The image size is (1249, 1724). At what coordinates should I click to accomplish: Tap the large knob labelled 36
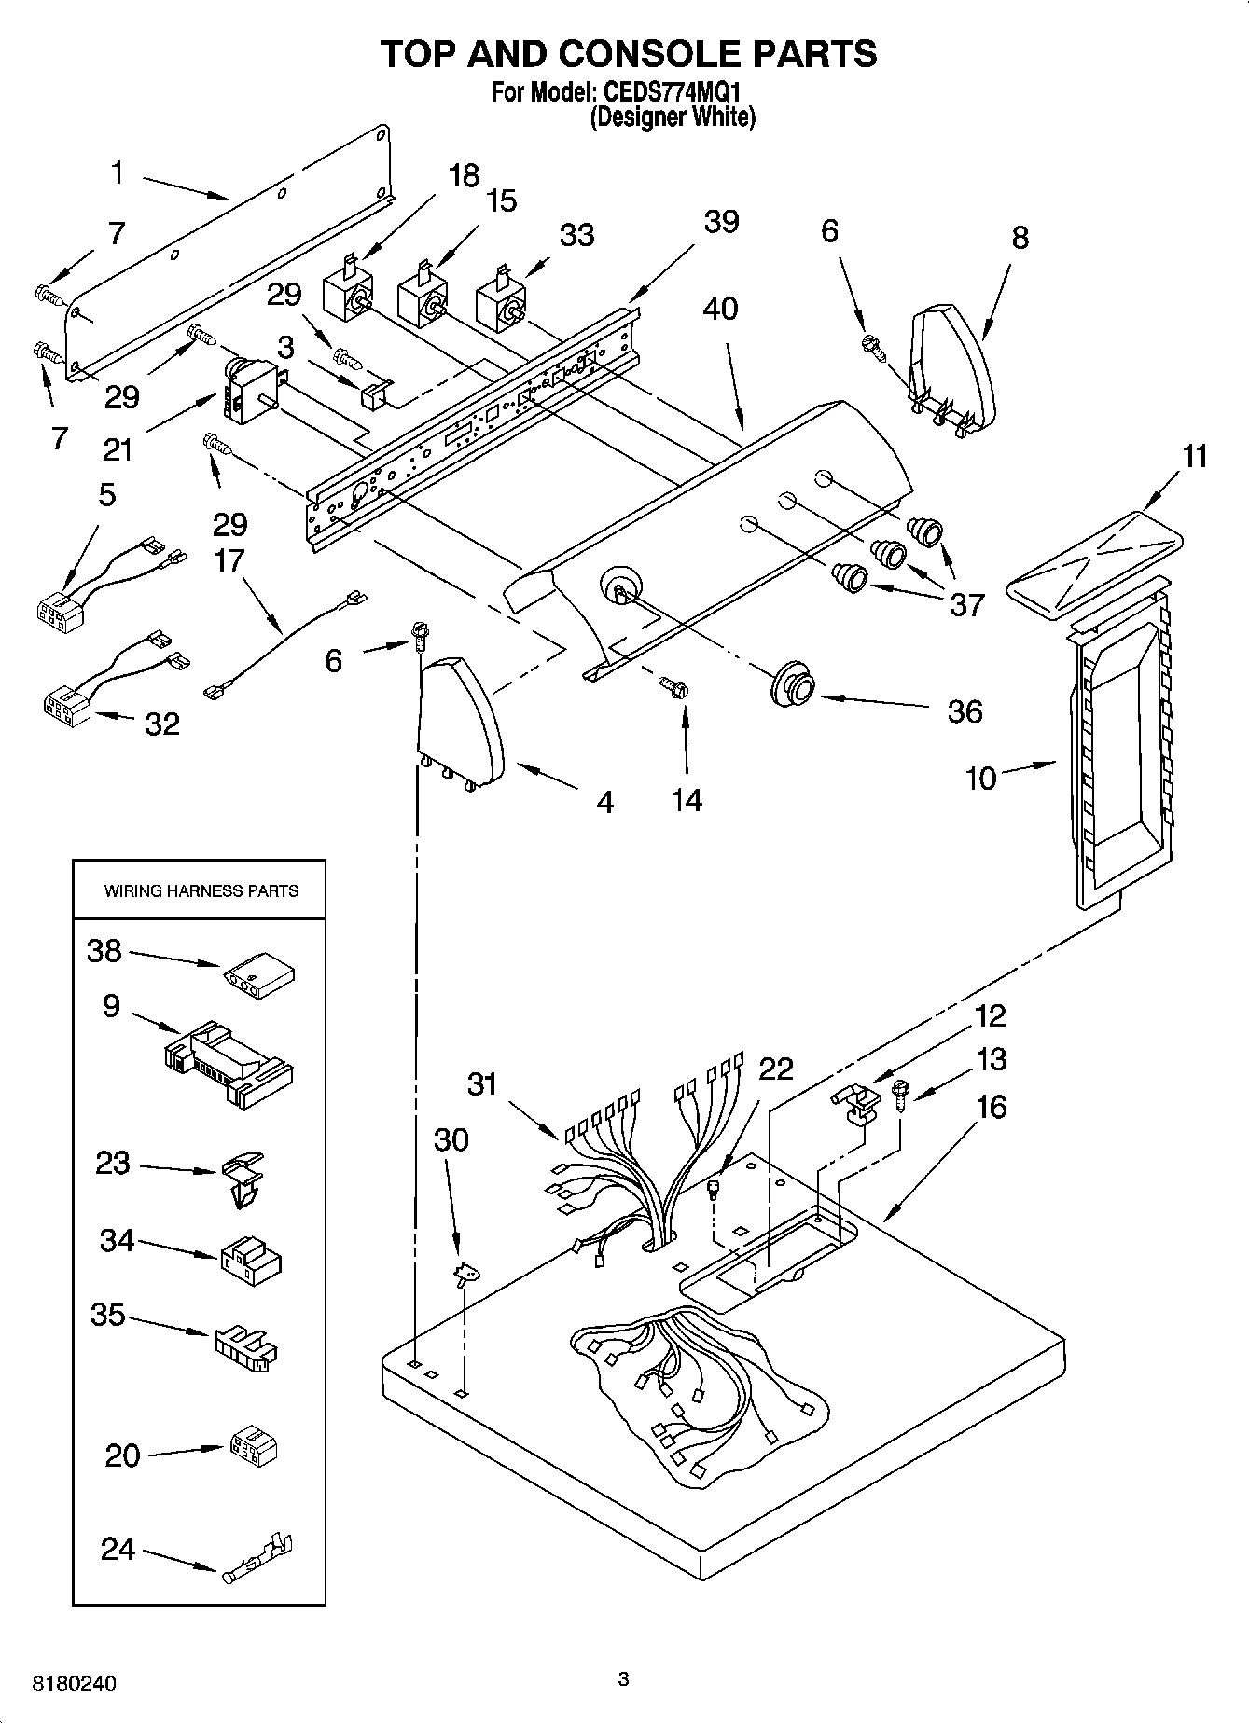[794, 687]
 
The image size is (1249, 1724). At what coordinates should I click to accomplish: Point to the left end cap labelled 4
[461, 719]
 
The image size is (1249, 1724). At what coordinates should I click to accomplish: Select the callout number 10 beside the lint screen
[980, 778]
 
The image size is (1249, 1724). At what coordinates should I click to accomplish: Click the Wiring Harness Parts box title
[201, 891]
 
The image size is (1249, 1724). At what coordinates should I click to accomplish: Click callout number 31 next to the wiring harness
[482, 1084]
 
